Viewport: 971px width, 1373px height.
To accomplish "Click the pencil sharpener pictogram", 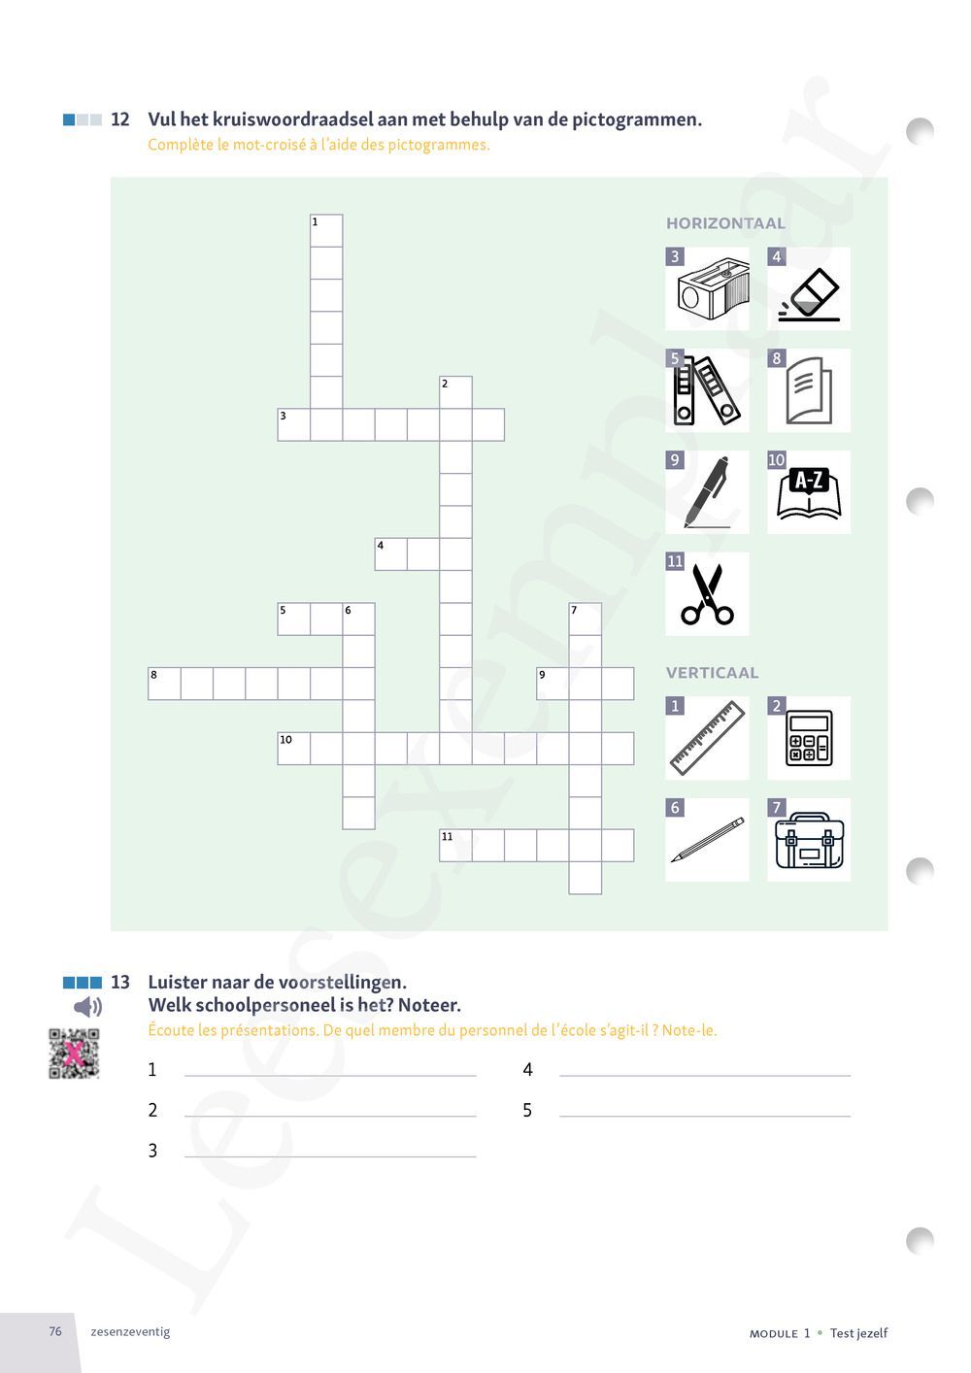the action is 713,288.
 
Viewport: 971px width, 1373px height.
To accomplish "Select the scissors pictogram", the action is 707,594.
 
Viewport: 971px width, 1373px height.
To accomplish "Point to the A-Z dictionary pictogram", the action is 809,493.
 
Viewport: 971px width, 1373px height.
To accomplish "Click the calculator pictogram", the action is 809,738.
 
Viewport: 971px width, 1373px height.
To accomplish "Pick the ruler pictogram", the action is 708,738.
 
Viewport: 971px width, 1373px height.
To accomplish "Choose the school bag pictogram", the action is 809,840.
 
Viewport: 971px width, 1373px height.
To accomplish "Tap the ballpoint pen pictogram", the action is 707,492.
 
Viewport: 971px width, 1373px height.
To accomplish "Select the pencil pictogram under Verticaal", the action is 708,840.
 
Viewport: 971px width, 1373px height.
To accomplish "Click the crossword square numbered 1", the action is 326,230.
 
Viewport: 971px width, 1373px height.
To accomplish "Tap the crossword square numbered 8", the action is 164,684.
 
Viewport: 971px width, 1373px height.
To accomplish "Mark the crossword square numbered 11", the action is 455,845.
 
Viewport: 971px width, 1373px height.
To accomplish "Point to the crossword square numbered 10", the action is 293,749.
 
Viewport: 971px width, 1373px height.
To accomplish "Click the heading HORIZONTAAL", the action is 725,223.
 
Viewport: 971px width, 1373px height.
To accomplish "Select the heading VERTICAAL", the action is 713,672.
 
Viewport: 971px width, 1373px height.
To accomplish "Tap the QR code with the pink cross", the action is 74,1054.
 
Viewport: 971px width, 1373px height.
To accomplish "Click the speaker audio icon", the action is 87,1007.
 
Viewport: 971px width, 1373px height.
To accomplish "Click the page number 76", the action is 55,1331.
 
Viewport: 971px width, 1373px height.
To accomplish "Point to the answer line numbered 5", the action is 705,1116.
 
